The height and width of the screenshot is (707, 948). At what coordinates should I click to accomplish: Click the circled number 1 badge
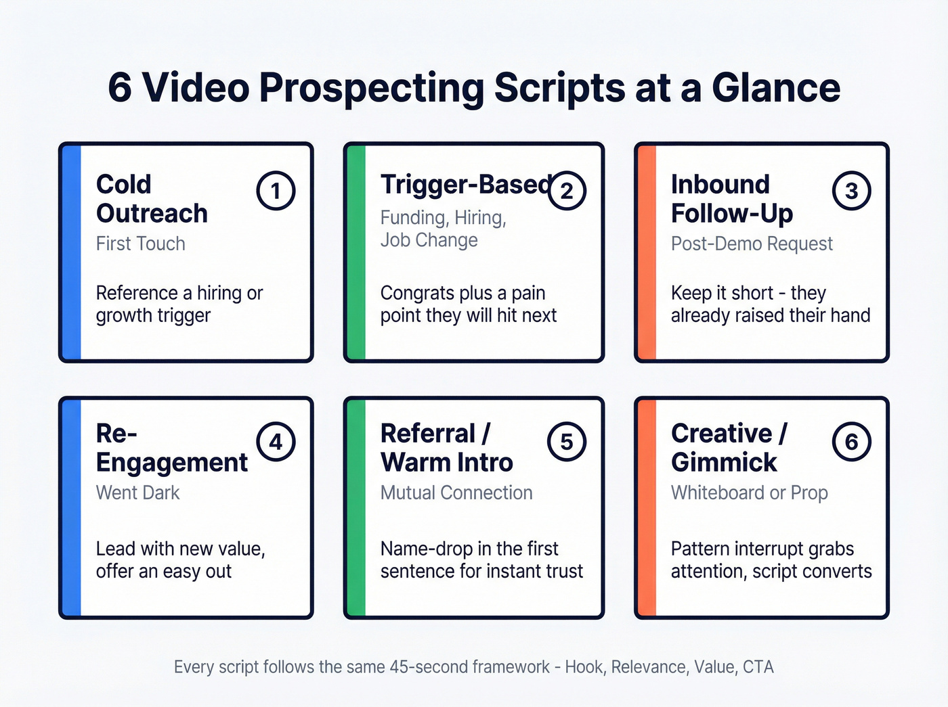click(x=276, y=191)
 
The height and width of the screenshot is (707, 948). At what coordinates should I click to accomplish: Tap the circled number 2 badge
click(x=566, y=191)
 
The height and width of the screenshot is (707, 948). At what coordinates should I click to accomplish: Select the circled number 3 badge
click(x=851, y=191)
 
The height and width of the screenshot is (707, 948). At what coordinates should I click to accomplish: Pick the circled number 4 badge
click(x=276, y=442)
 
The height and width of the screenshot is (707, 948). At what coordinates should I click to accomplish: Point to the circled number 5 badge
click(x=566, y=442)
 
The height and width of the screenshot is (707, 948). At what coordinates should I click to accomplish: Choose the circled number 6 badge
click(x=851, y=442)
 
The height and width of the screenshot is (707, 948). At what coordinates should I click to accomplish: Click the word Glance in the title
click(x=776, y=88)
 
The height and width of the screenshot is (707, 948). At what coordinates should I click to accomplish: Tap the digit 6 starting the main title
click(x=120, y=88)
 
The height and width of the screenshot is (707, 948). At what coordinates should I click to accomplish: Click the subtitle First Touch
click(x=140, y=244)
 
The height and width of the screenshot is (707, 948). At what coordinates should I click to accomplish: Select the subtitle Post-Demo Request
click(x=752, y=244)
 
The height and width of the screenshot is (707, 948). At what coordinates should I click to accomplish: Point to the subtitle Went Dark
click(x=137, y=493)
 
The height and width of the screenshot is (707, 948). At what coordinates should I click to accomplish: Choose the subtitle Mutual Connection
click(x=456, y=493)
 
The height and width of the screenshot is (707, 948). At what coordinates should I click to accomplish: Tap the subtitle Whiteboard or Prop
click(x=749, y=493)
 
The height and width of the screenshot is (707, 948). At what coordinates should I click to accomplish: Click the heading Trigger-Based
click(x=466, y=184)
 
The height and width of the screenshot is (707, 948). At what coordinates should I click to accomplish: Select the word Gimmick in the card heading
click(x=724, y=463)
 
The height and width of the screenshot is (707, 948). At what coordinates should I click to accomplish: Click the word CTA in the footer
click(x=758, y=667)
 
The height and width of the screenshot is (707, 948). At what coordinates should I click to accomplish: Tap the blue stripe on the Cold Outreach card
click(x=71, y=252)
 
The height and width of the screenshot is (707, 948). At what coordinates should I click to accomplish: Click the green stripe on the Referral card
click(x=355, y=507)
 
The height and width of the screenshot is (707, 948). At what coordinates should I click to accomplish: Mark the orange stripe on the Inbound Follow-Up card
click(x=647, y=252)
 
